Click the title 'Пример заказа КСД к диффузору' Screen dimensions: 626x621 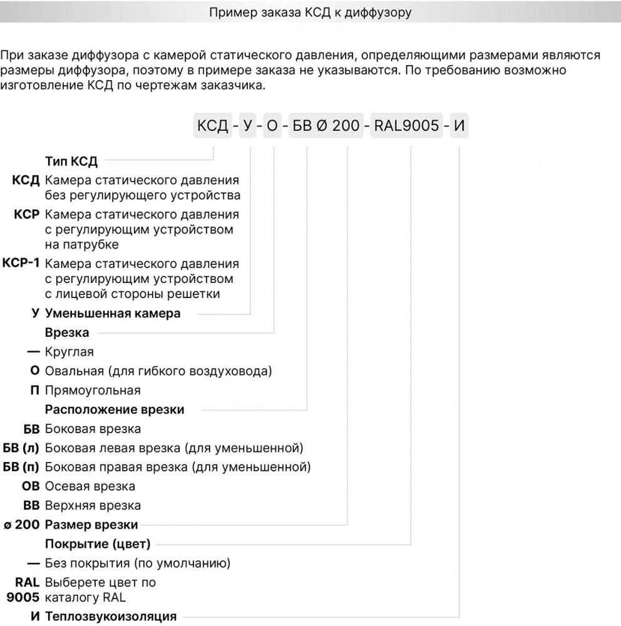tap(310, 13)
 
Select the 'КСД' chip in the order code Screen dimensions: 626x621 tap(213, 126)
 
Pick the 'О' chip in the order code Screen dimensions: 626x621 tap(272, 126)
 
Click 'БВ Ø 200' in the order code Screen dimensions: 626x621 tap(326, 126)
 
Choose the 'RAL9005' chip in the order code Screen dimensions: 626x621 tap(406, 126)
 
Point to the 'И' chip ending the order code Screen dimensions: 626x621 tap(459, 126)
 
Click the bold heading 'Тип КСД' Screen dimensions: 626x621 tap(71, 162)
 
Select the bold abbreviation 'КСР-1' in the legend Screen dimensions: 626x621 tap(21, 263)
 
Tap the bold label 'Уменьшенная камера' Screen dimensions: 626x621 tap(113, 314)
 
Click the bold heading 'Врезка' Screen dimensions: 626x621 tap(67, 332)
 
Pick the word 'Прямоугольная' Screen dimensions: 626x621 tap(93, 391)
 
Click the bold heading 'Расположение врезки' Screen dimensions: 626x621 tap(115, 410)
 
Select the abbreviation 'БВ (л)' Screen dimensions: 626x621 tap(21, 448)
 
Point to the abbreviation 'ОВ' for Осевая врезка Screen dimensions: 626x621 tap(31, 486)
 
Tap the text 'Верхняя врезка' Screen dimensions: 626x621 tap(93, 506)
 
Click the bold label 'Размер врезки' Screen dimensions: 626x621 tap(91, 525)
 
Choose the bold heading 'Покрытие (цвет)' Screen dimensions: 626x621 tap(98, 544)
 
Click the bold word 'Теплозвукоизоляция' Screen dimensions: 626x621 tap(111, 617)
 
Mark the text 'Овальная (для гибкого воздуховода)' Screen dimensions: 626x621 tap(158, 371)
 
